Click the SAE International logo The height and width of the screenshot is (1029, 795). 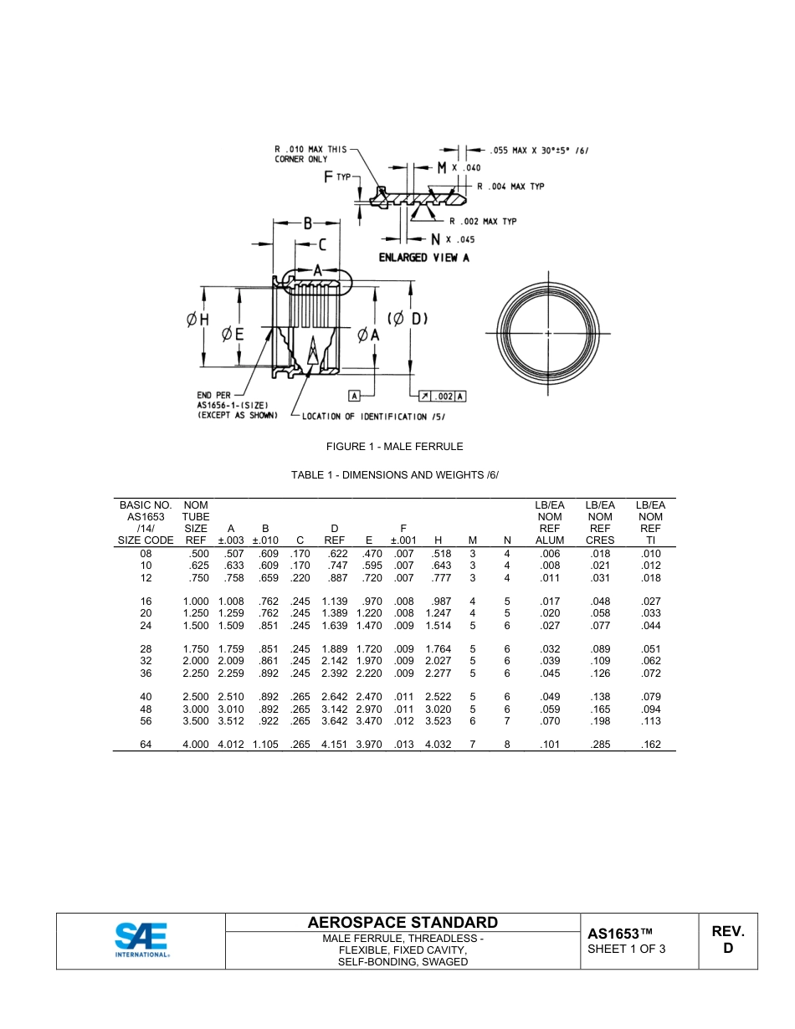tap(141, 940)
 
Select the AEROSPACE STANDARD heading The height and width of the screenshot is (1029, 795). tap(403, 922)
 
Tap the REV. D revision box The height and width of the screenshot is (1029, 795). tap(727, 939)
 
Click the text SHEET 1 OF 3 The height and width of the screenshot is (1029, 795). tap(626, 949)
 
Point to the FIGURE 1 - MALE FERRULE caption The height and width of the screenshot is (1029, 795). tap(394, 447)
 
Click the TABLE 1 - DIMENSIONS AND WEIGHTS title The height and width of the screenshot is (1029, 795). tap(394, 475)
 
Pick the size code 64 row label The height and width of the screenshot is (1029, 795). tap(146, 745)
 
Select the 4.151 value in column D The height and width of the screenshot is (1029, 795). tap(334, 745)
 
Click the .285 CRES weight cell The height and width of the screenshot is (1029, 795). tap(599, 745)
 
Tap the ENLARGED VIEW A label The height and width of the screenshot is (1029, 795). tap(423, 258)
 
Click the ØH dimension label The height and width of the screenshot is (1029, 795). tap(197, 319)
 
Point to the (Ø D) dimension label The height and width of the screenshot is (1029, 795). tap(408, 319)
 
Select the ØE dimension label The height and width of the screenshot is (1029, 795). tap(232, 334)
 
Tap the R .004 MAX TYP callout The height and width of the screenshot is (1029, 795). tap(510, 187)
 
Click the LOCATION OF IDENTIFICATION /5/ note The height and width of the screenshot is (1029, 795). tap(365, 416)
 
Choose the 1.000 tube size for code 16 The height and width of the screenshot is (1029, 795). tap(196, 602)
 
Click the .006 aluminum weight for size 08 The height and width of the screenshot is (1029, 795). tap(549, 553)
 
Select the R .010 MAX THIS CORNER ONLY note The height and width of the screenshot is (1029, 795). tap(310, 154)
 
